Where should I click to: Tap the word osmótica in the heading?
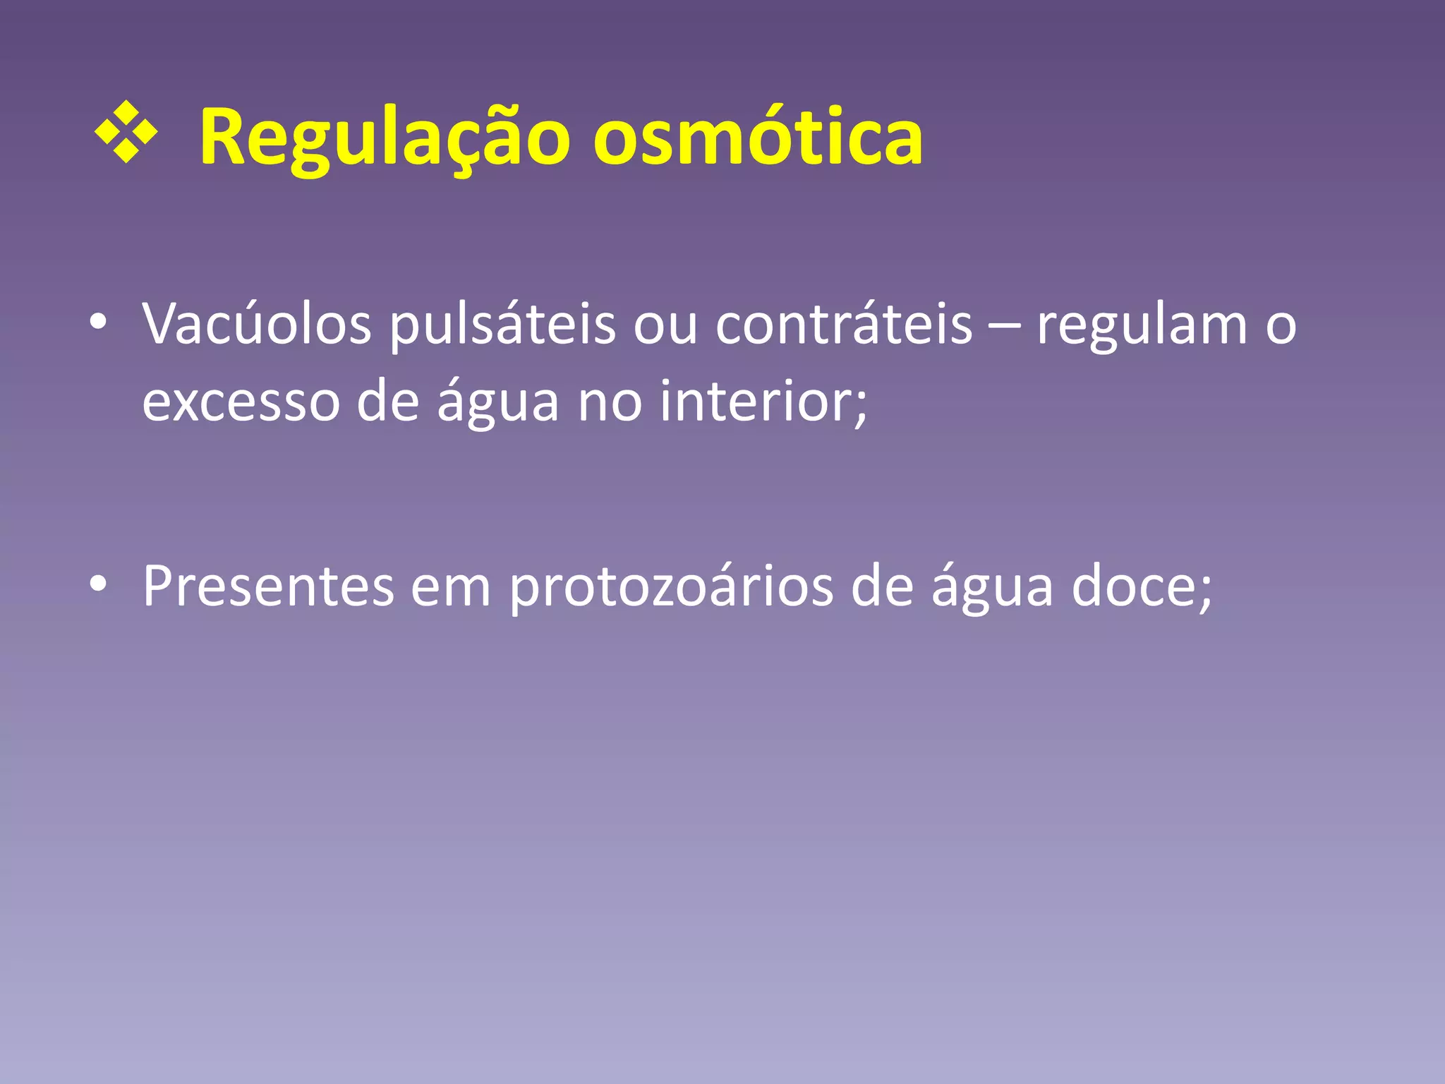tap(758, 138)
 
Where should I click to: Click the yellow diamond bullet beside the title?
tap(126, 133)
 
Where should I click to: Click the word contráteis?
tap(844, 325)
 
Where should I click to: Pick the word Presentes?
tap(268, 586)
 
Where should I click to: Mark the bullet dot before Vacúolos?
tap(98, 322)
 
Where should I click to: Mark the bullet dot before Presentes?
tap(98, 583)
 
